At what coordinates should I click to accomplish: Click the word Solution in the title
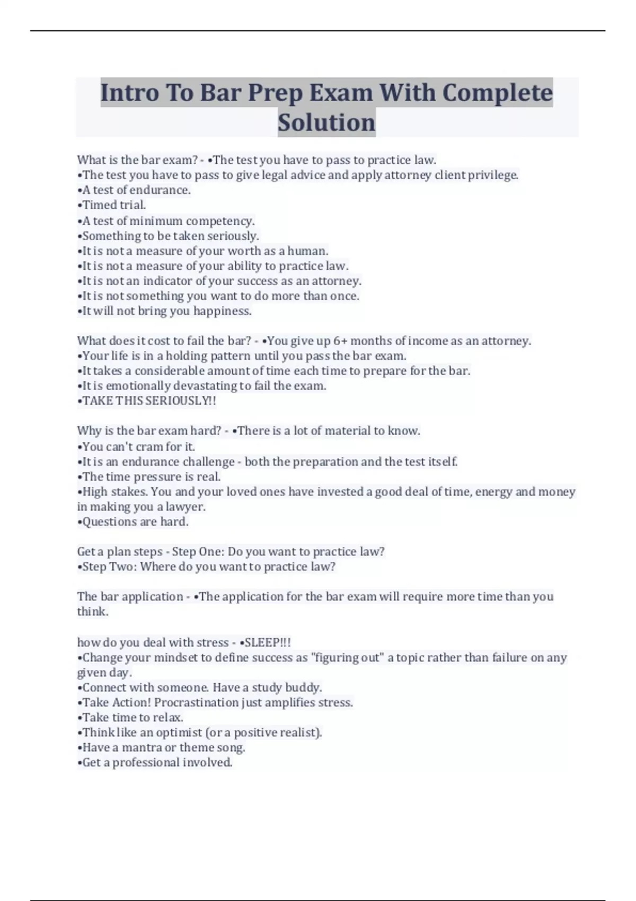tap(326, 122)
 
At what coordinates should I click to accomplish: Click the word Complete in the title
tap(497, 93)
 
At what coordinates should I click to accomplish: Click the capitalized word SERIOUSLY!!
tap(181, 401)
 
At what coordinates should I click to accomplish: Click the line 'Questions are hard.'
tap(133, 522)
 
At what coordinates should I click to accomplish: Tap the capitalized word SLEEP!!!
tap(268, 642)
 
